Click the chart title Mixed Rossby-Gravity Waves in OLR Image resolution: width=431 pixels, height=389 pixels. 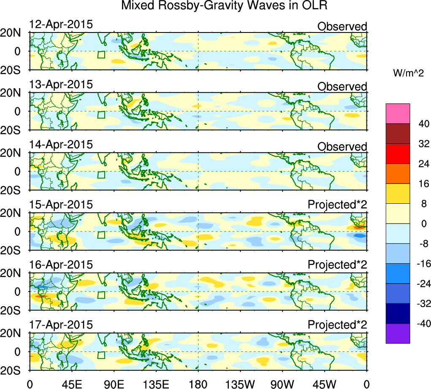[x=224, y=6]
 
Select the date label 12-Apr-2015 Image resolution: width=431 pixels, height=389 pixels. [x=61, y=24]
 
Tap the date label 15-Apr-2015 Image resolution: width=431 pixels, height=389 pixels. [x=61, y=205]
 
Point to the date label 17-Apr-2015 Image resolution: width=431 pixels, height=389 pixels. [x=61, y=325]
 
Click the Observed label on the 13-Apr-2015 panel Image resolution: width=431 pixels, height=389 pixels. [x=342, y=86]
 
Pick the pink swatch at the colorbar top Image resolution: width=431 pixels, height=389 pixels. [x=398, y=113]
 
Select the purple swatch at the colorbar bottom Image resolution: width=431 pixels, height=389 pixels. [x=398, y=333]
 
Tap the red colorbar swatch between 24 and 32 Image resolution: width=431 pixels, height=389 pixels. [x=398, y=154]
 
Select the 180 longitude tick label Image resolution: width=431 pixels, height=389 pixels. [x=198, y=383]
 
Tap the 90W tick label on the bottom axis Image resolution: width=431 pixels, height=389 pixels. [x=283, y=383]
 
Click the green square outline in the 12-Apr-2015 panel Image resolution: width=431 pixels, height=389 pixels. [x=101, y=55]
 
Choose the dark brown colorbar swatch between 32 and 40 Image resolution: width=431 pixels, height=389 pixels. [x=398, y=133]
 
